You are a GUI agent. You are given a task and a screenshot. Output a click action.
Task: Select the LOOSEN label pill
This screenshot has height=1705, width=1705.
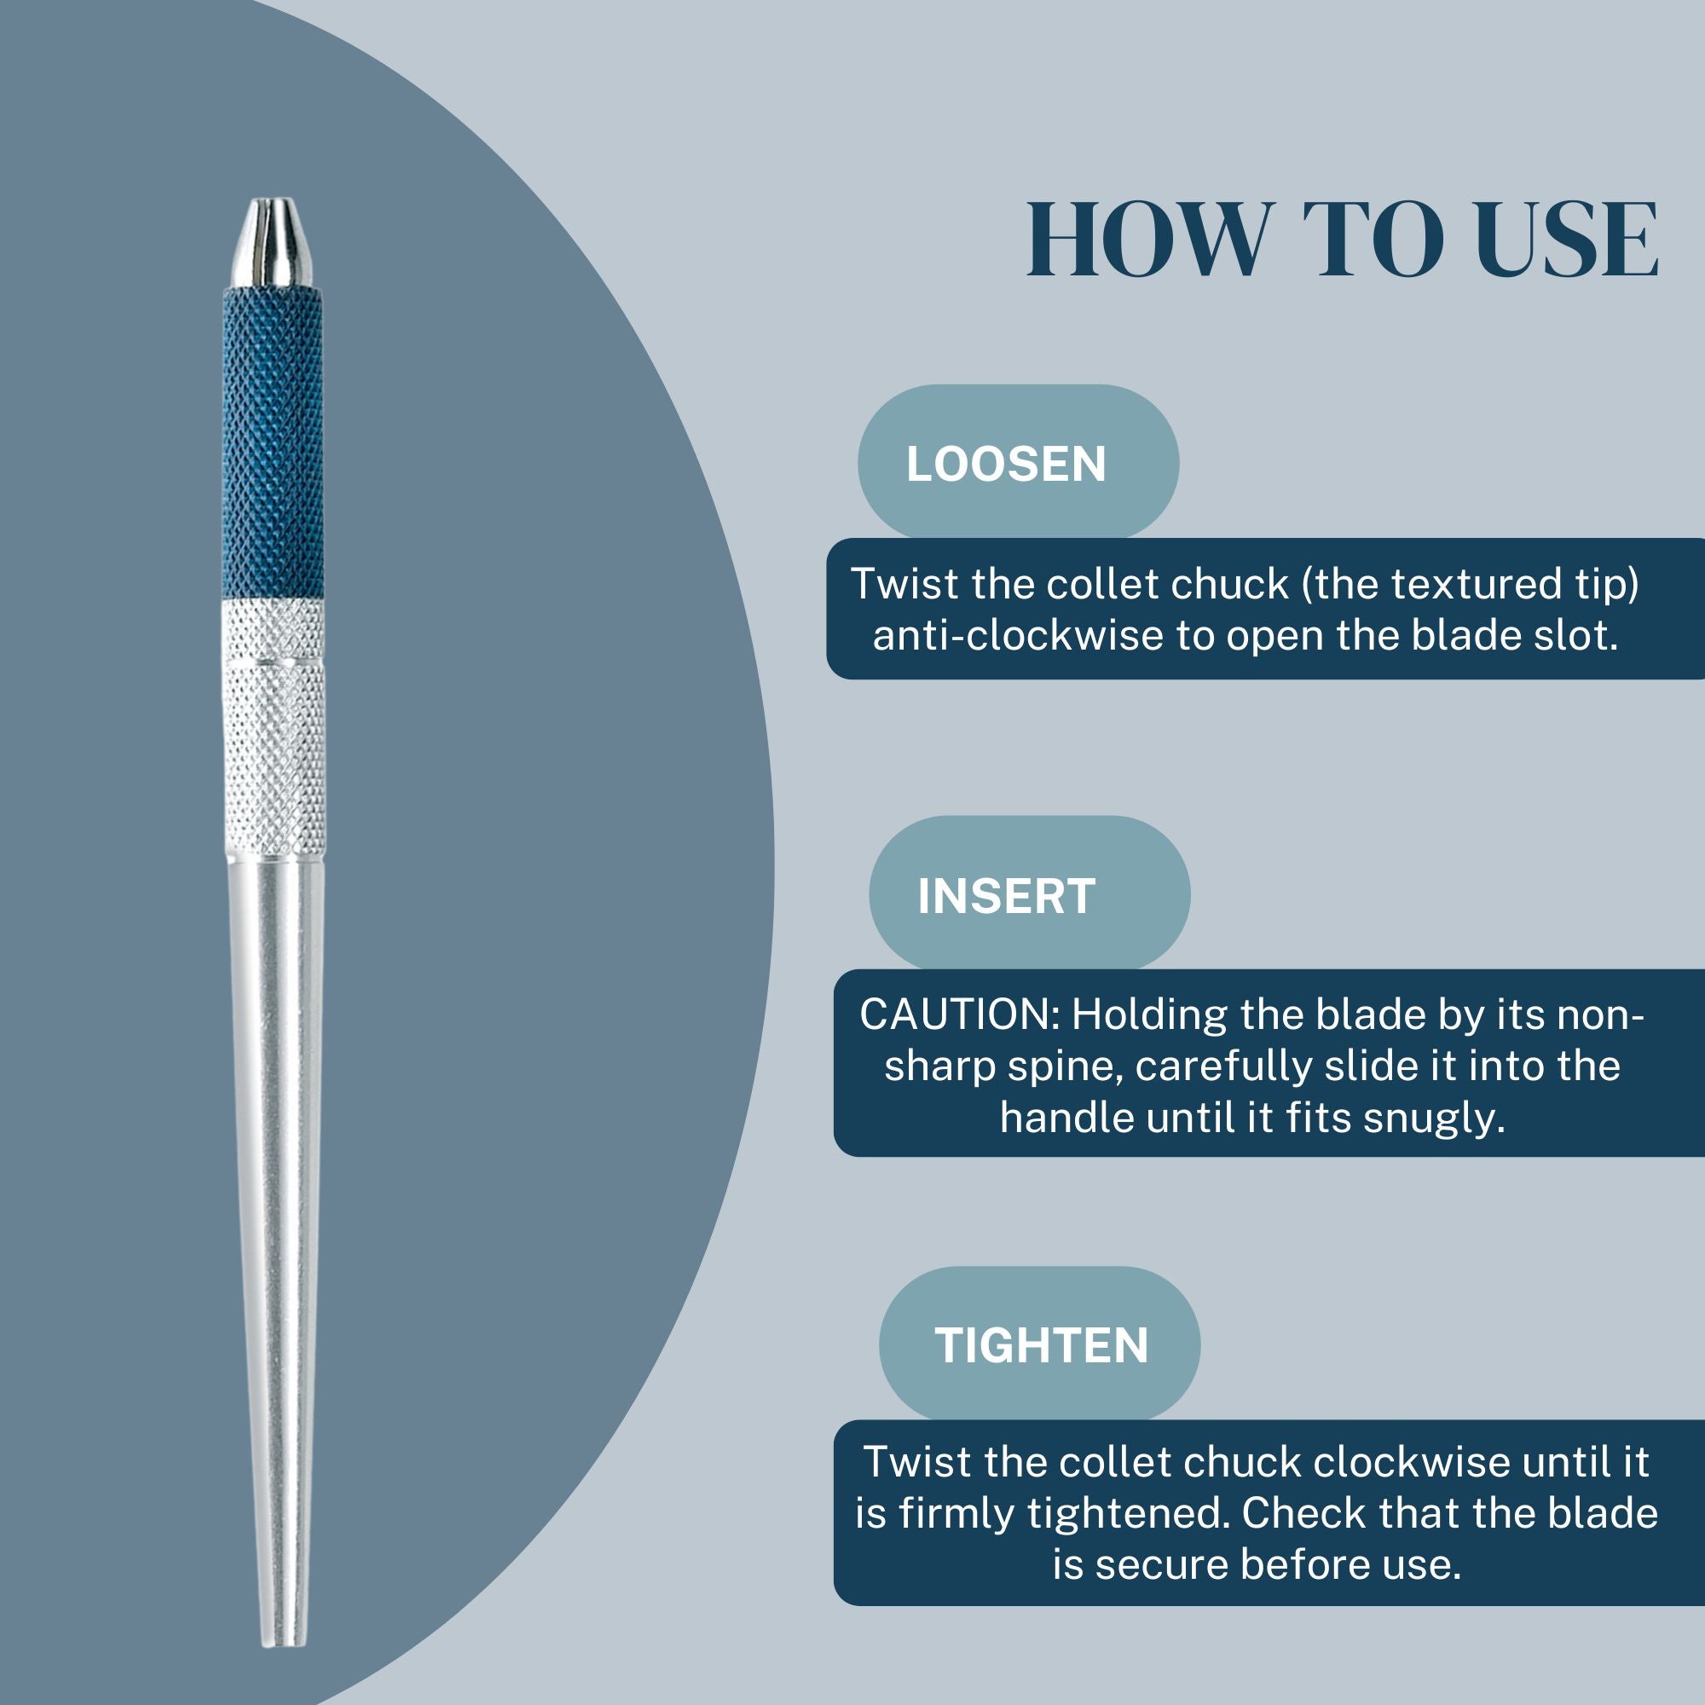tap(1018, 462)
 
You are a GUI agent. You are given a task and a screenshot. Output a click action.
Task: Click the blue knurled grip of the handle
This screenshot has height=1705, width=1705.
tap(273, 442)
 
